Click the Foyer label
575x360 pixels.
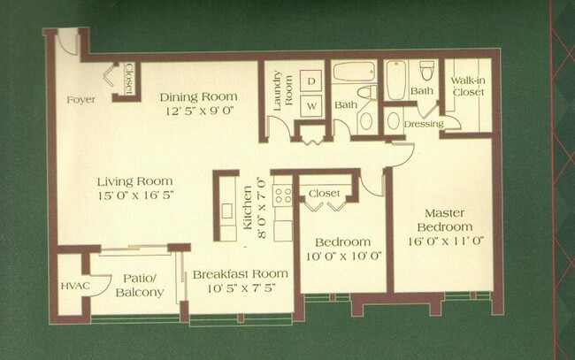[x=81, y=99]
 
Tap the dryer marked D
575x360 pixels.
[x=311, y=80]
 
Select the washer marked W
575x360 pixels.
[x=311, y=106]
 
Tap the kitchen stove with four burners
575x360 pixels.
[x=283, y=195]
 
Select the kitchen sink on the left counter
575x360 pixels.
[x=227, y=211]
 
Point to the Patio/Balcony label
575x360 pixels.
[x=142, y=284]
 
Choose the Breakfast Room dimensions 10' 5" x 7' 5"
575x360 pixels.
[x=240, y=289]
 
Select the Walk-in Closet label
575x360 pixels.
[x=466, y=86]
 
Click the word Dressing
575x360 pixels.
[x=423, y=124]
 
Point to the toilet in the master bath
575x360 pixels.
[x=426, y=70]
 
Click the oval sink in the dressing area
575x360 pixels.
[x=394, y=120]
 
